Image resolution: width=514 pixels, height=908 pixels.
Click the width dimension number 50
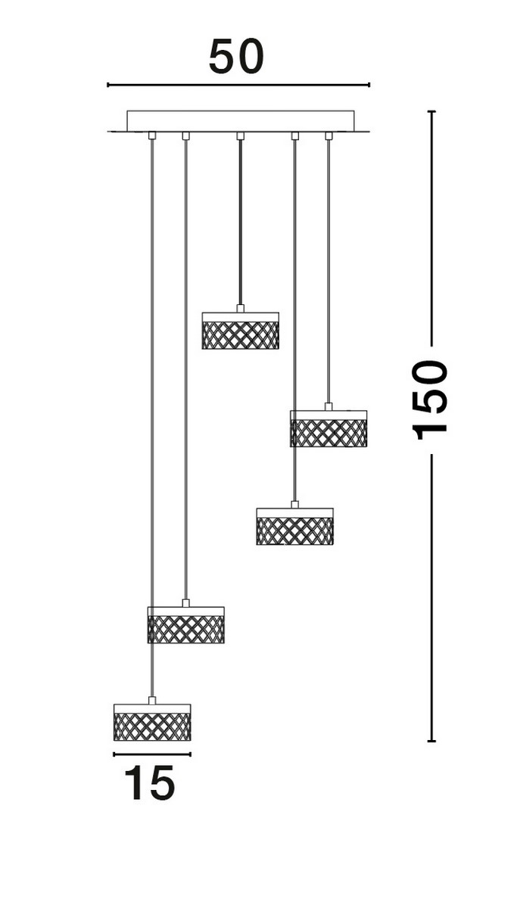click(236, 57)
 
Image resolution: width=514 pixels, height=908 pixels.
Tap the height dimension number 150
click(430, 400)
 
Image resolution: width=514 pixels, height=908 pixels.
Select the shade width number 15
click(149, 783)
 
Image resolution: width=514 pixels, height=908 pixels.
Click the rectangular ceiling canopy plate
click(240, 121)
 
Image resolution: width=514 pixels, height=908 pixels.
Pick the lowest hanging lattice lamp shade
click(152, 723)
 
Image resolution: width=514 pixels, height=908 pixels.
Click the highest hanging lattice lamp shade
click(240, 331)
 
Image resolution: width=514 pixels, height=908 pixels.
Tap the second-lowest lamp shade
click(185, 625)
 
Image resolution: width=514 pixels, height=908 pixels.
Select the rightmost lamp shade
click(328, 428)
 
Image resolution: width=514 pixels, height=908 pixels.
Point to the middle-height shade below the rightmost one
click(294, 527)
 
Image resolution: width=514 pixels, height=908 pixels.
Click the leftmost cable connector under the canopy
click(152, 136)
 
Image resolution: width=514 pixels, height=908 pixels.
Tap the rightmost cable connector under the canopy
click(329, 136)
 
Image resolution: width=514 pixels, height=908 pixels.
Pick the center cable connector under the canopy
click(240, 136)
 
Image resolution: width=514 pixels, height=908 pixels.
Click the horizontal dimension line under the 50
click(238, 85)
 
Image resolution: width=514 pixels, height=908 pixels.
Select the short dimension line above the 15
click(152, 754)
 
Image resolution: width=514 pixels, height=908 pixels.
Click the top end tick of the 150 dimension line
click(431, 112)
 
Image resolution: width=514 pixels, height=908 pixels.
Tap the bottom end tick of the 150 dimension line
click(431, 741)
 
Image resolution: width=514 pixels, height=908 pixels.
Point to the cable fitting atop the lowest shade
click(152, 701)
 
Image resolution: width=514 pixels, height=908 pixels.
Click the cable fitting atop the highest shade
click(240, 309)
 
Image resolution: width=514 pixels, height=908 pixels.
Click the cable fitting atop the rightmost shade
click(328, 406)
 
